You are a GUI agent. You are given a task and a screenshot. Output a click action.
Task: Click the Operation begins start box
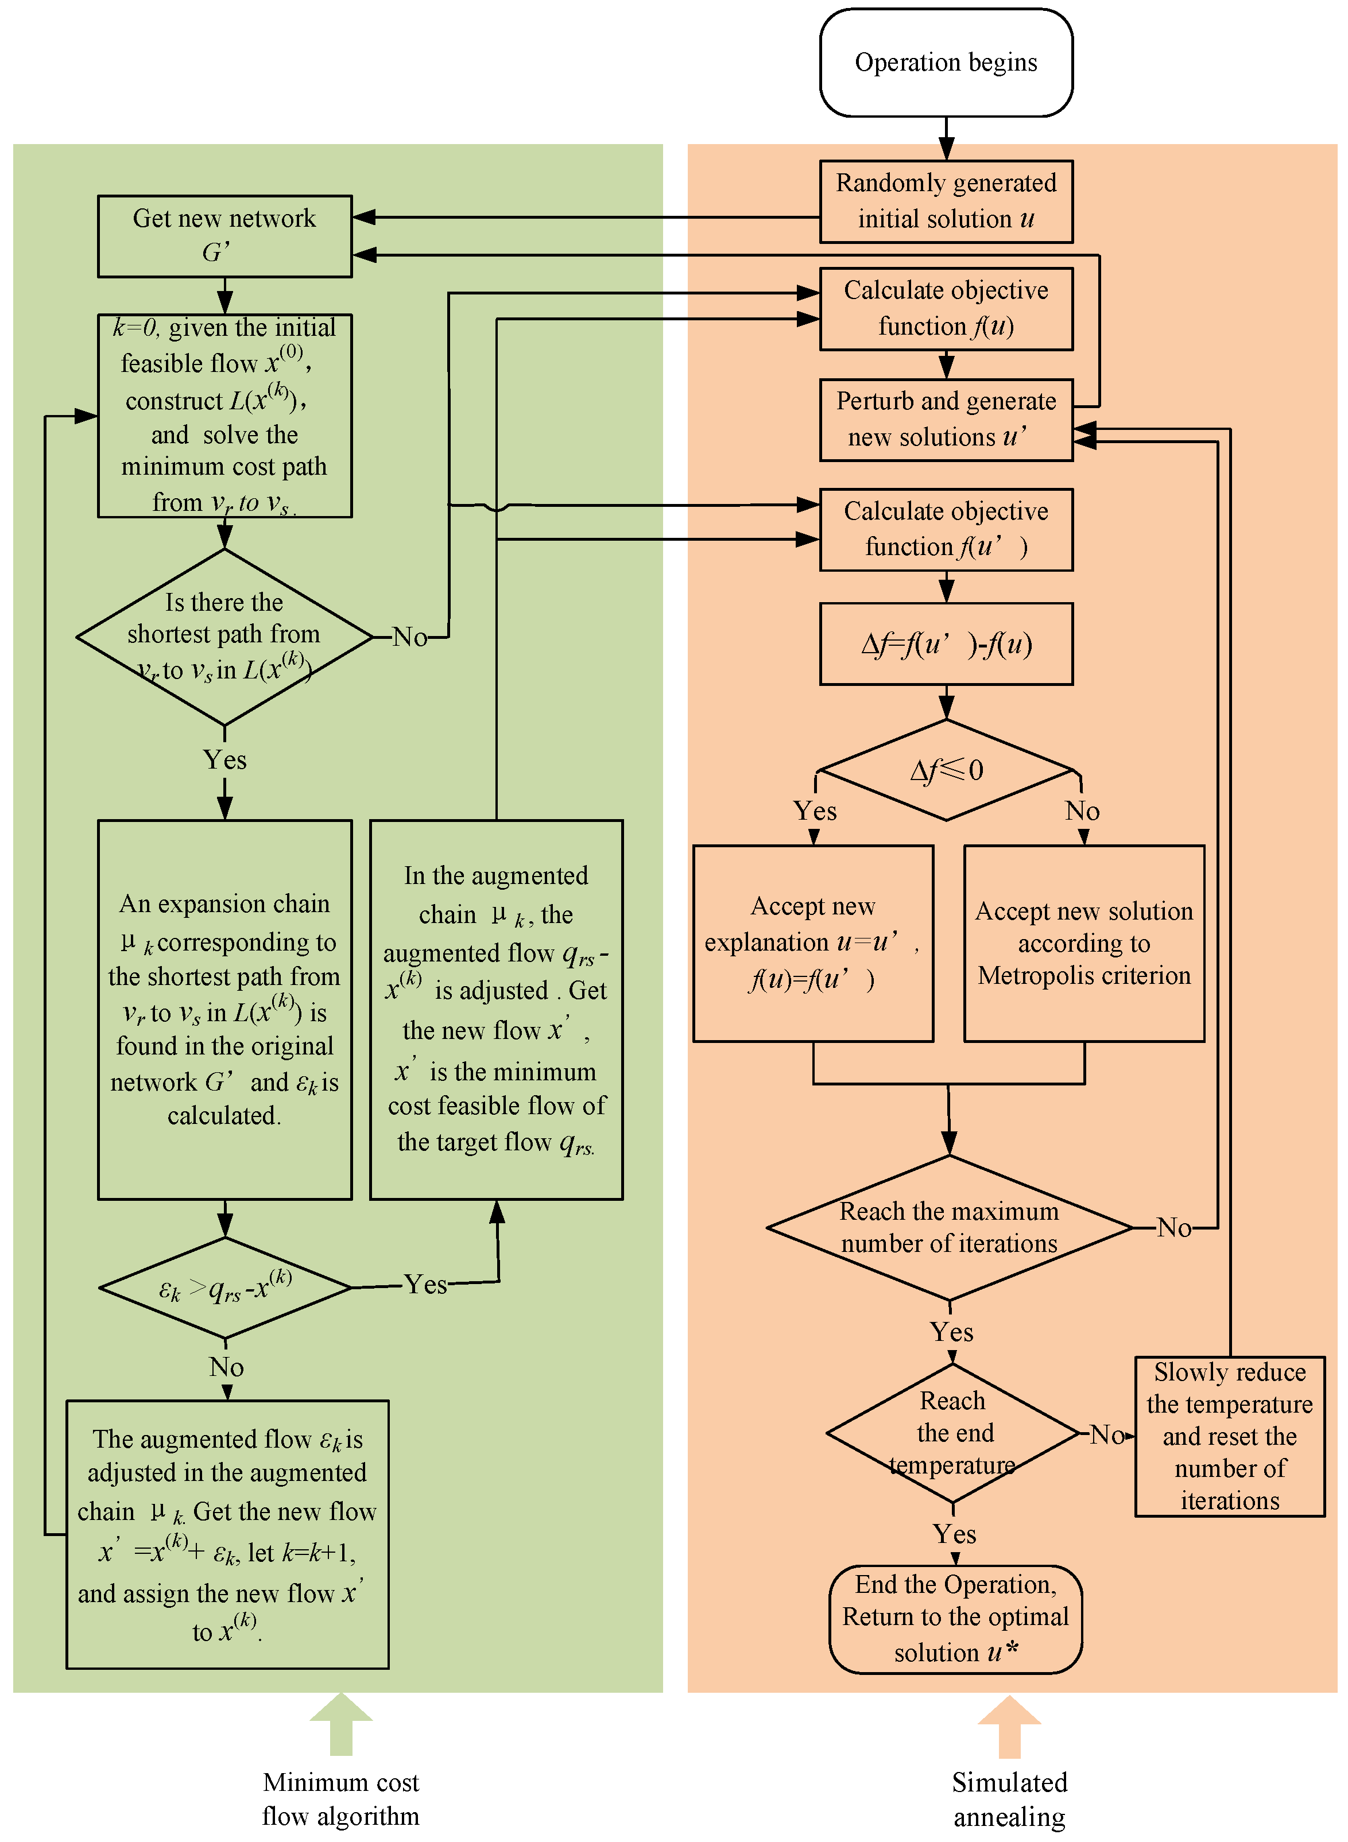pos(945,63)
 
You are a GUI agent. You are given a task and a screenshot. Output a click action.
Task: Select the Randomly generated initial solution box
pos(945,201)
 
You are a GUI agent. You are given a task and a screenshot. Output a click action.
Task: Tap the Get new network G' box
pos(224,236)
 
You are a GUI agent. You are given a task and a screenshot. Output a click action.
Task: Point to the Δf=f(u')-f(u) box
pos(945,643)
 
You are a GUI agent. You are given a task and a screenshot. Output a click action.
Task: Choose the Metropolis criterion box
pos(1083,943)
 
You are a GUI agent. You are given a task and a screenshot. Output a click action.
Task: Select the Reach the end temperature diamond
pos(952,1433)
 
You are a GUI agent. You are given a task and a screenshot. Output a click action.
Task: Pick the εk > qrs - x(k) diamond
pos(225,1288)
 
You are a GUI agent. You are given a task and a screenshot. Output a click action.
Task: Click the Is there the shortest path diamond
pos(224,637)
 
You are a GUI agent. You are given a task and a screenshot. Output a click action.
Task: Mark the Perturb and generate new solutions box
pos(945,419)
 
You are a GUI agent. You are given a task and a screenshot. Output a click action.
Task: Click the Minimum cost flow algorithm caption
pos(340,1799)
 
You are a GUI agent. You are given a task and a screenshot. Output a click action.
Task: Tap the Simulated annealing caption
pos(1009,1799)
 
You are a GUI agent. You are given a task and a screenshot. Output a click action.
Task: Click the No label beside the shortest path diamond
pos(409,637)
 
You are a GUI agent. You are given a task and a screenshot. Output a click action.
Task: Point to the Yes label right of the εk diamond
pos(425,1285)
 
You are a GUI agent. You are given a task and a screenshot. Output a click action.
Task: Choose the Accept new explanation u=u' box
pos(813,943)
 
